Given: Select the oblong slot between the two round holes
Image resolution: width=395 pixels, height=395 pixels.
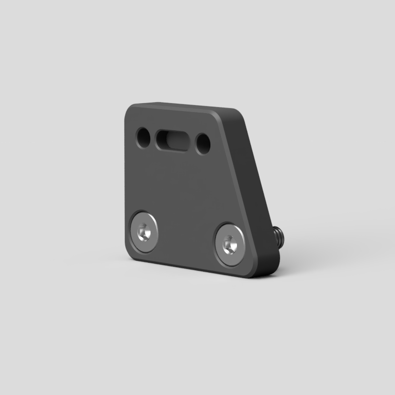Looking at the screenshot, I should click(171, 139).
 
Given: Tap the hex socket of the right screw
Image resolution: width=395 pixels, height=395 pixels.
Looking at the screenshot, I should click(229, 244).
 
